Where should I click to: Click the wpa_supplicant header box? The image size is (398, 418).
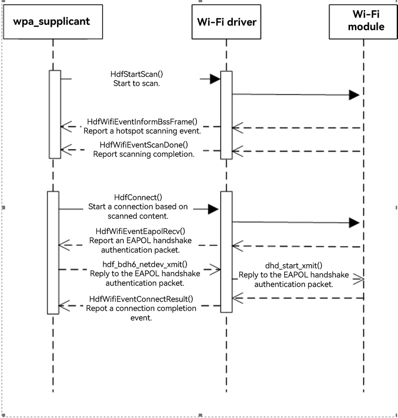tap(53, 22)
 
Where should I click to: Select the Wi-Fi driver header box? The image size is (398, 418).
tap(226, 22)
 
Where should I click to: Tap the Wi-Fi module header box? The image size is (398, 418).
tap(363, 22)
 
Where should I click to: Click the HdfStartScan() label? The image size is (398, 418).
tap(136, 74)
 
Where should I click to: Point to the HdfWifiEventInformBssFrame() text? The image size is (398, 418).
tap(142, 122)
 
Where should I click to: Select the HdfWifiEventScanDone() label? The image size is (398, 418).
tap(144, 145)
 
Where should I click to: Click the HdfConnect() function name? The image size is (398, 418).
tap(138, 197)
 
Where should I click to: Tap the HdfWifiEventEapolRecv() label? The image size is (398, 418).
tap(140, 231)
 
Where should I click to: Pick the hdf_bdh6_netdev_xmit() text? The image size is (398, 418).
tap(145, 264)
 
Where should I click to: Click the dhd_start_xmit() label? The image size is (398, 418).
tap(293, 265)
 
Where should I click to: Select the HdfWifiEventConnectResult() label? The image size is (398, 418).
tap(141, 299)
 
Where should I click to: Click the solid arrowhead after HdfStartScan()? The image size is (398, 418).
tap(215, 79)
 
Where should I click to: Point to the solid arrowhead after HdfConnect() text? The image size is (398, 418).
tap(213, 209)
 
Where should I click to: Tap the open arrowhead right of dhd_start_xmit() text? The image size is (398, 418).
tap(359, 279)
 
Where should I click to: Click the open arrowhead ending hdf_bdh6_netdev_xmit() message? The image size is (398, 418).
tap(215, 270)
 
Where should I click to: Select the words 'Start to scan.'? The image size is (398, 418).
tap(136, 84)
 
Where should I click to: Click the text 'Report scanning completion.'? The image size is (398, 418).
tap(144, 154)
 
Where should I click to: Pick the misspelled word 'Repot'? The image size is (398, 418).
tap(97, 308)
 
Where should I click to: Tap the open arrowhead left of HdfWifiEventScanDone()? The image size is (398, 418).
tap(66, 150)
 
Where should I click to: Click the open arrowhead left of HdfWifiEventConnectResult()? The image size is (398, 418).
tap(64, 306)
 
